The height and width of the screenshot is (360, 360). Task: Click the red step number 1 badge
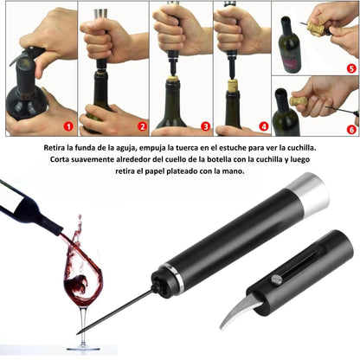(x=68, y=126)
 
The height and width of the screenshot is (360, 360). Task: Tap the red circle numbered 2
(x=142, y=126)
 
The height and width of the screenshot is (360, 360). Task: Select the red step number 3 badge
(x=205, y=126)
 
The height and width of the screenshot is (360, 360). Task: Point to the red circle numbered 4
(x=264, y=126)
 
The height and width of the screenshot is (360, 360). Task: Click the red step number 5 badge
(x=351, y=68)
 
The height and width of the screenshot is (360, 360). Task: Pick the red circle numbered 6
(x=351, y=130)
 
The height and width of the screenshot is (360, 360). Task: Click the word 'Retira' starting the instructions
(x=54, y=148)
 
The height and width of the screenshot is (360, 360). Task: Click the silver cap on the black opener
(x=308, y=192)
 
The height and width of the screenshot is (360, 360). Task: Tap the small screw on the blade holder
(x=276, y=280)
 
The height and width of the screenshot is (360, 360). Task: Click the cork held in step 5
(x=315, y=28)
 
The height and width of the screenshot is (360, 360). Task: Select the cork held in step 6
(x=299, y=102)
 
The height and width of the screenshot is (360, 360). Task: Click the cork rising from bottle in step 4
(x=233, y=86)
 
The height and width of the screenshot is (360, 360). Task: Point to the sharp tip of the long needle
(x=77, y=334)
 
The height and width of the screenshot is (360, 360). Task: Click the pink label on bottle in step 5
(x=290, y=64)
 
